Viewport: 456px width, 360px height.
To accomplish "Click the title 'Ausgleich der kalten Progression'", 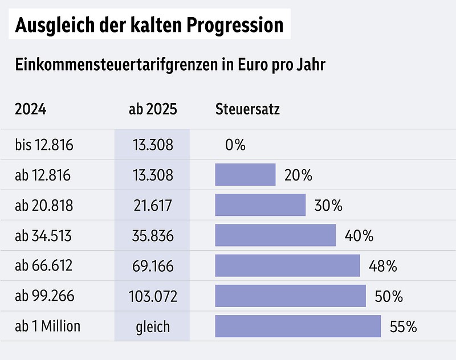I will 149,25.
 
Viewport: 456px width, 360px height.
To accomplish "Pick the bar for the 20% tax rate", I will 245,175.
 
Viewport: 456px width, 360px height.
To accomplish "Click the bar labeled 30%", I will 260,205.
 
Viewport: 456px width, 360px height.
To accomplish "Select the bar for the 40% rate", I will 275,235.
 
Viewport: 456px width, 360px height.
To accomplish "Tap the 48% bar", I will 287,265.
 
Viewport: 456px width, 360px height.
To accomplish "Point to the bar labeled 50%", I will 290,296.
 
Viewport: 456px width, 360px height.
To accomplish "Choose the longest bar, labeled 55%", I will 298,326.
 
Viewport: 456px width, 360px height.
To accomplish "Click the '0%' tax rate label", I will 235,145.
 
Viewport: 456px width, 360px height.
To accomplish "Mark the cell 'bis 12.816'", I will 44,145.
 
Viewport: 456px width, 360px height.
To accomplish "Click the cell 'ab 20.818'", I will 44,205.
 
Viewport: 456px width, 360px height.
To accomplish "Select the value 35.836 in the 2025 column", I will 152,235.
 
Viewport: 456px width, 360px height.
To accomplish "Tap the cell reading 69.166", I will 152,265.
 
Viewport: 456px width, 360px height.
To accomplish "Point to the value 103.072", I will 152,296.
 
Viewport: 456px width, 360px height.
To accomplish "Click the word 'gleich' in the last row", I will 152,326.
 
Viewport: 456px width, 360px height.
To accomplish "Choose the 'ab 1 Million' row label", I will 48,326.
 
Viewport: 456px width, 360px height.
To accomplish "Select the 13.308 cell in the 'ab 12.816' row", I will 152,175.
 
